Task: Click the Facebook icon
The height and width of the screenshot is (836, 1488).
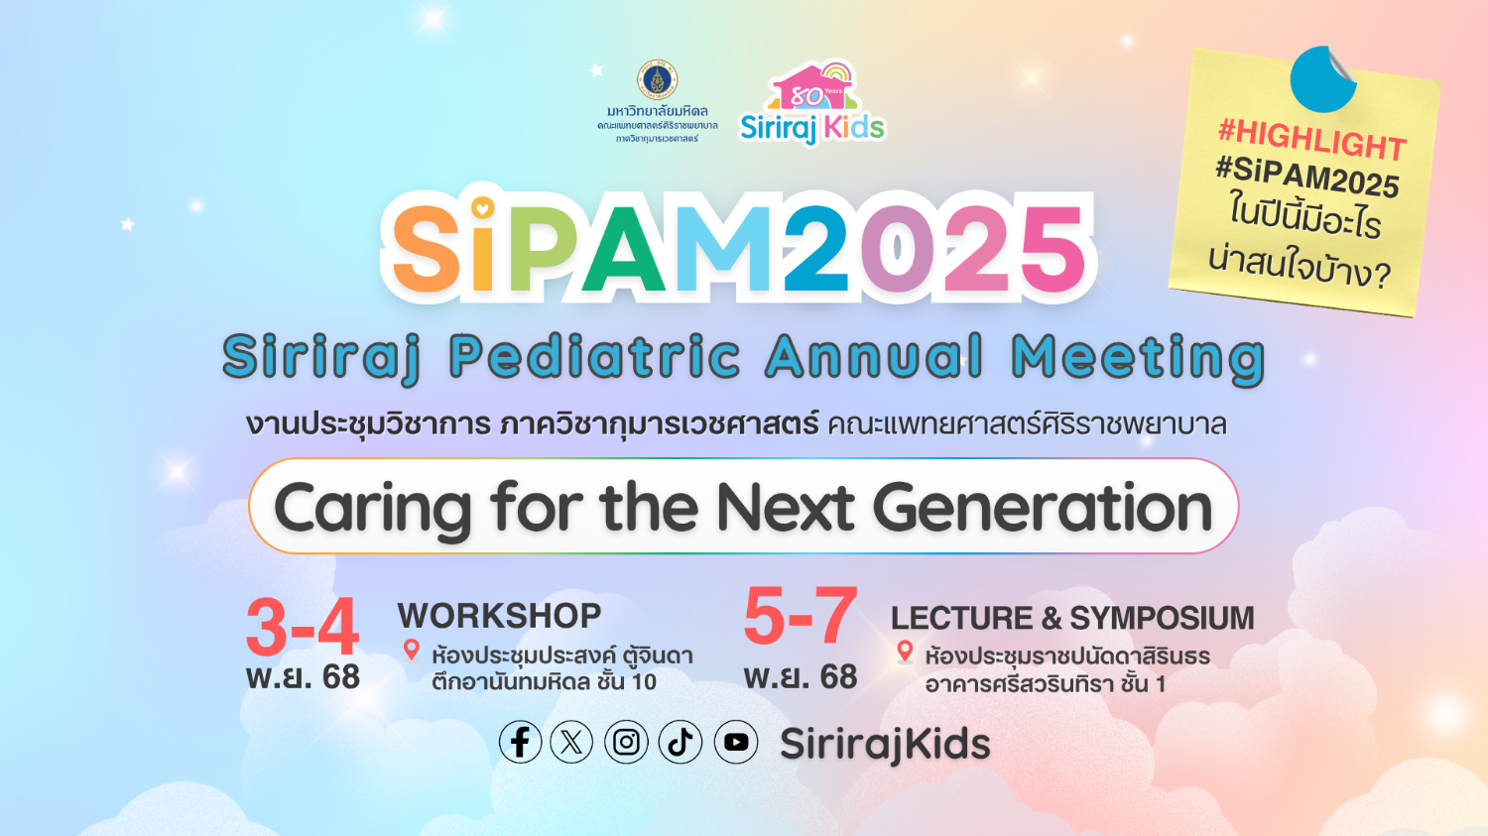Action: pos(520,742)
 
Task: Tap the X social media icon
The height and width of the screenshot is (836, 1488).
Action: pos(571,742)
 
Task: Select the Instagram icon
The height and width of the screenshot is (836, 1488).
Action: pos(626,742)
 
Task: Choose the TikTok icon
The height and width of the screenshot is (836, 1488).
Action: pos(681,742)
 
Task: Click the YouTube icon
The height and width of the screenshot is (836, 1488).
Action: pos(736,742)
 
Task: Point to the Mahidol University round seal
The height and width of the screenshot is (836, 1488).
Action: pos(657,79)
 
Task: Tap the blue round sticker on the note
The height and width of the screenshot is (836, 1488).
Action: pos(1322,79)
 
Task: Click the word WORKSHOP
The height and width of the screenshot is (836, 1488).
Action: pos(500,616)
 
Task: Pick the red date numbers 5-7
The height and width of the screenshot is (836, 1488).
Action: pos(801,616)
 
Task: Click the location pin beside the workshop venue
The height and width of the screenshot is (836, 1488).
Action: pos(412,651)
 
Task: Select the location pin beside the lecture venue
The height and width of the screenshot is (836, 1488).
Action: pos(904,653)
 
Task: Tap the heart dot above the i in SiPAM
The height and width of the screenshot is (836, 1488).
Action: pos(483,208)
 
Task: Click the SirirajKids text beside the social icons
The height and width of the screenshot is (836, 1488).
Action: pos(885,744)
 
